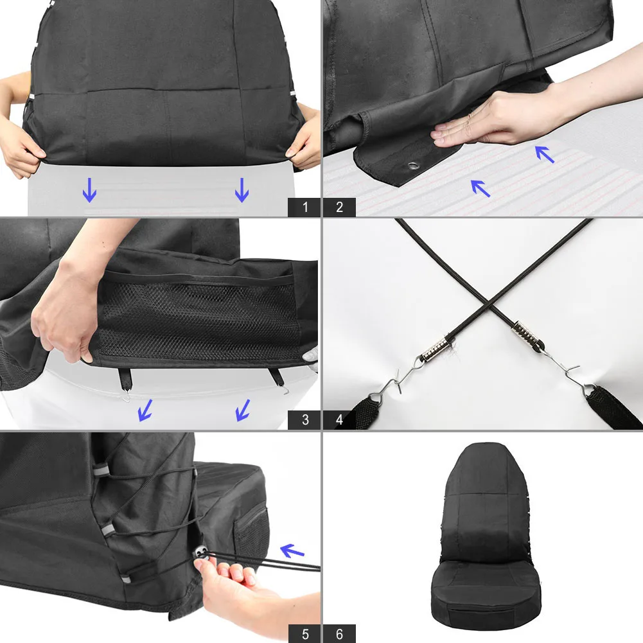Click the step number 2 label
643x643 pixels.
pyautogui.click(x=339, y=207)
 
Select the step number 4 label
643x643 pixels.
pyautogui.click(x=339, y=420)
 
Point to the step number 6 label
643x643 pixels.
pyautogui.click(x=339, y=633)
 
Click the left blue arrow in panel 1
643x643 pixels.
pyautogui.click(x=89, y=190)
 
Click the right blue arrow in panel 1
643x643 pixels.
pyautogui.click(x=242, y=190)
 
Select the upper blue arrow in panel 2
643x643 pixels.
pyautogui.click(x=545, y=154)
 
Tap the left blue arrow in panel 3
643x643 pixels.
pyautogui.click(x=146, y=410)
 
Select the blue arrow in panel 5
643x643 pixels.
pyautogui.click(x=292, y=551)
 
